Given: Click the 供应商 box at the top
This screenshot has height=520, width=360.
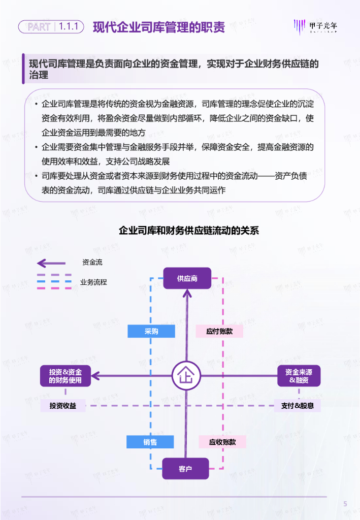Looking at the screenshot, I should pos(187,278).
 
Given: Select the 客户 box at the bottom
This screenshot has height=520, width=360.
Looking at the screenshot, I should pos(185,468).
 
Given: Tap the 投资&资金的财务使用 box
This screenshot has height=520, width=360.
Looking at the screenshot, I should pos(66,376).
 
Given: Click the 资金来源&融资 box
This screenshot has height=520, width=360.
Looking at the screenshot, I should pos(299,376).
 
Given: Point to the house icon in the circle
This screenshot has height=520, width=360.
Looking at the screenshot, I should pos(186,376).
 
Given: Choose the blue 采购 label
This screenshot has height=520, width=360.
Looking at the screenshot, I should pos(151,332).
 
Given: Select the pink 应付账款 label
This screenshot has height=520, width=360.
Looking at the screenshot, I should pos(219,332).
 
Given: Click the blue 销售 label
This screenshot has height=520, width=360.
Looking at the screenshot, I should pos(150,442).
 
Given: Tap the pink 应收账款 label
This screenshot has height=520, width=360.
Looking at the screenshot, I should pos(222,442).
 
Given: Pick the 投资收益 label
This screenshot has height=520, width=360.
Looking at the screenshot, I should pos(63,406).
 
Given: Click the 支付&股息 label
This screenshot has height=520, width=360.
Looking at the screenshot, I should pos(297,406).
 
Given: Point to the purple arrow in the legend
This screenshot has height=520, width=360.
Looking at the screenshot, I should pos(51,263).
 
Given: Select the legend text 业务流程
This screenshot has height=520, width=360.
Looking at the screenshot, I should pos(93,282).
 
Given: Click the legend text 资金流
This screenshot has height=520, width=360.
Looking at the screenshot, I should pos(92,263).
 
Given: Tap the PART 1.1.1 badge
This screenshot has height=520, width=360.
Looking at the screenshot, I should pos(51,26).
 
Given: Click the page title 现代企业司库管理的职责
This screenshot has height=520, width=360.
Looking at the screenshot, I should pos(159,27).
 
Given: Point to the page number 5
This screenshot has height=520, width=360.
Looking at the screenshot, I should pos(345,504).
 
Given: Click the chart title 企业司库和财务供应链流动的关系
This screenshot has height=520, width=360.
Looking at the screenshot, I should pos(189,230).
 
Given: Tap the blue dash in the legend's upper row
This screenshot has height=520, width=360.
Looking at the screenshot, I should pos(54,276).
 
